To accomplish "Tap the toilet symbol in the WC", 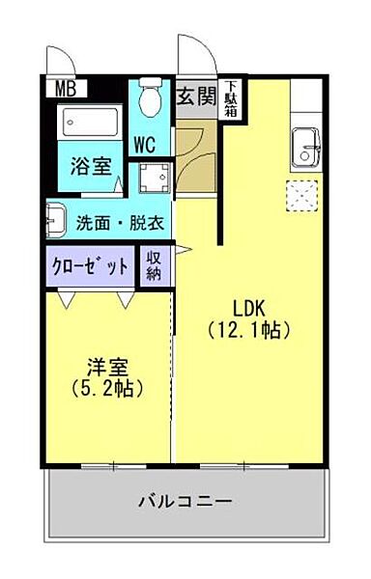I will click(x=150, y=99).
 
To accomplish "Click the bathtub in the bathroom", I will click(x=90, y=123).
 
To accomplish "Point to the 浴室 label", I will click(x=89, y=166).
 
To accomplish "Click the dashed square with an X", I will click(x=303, y=197).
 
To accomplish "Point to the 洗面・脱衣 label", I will click(x=120, y=222).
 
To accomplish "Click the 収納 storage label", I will click(x=155, y=265).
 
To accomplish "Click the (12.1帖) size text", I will click(x=249, y=330).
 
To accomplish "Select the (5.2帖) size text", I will click(x=106, y=390).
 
